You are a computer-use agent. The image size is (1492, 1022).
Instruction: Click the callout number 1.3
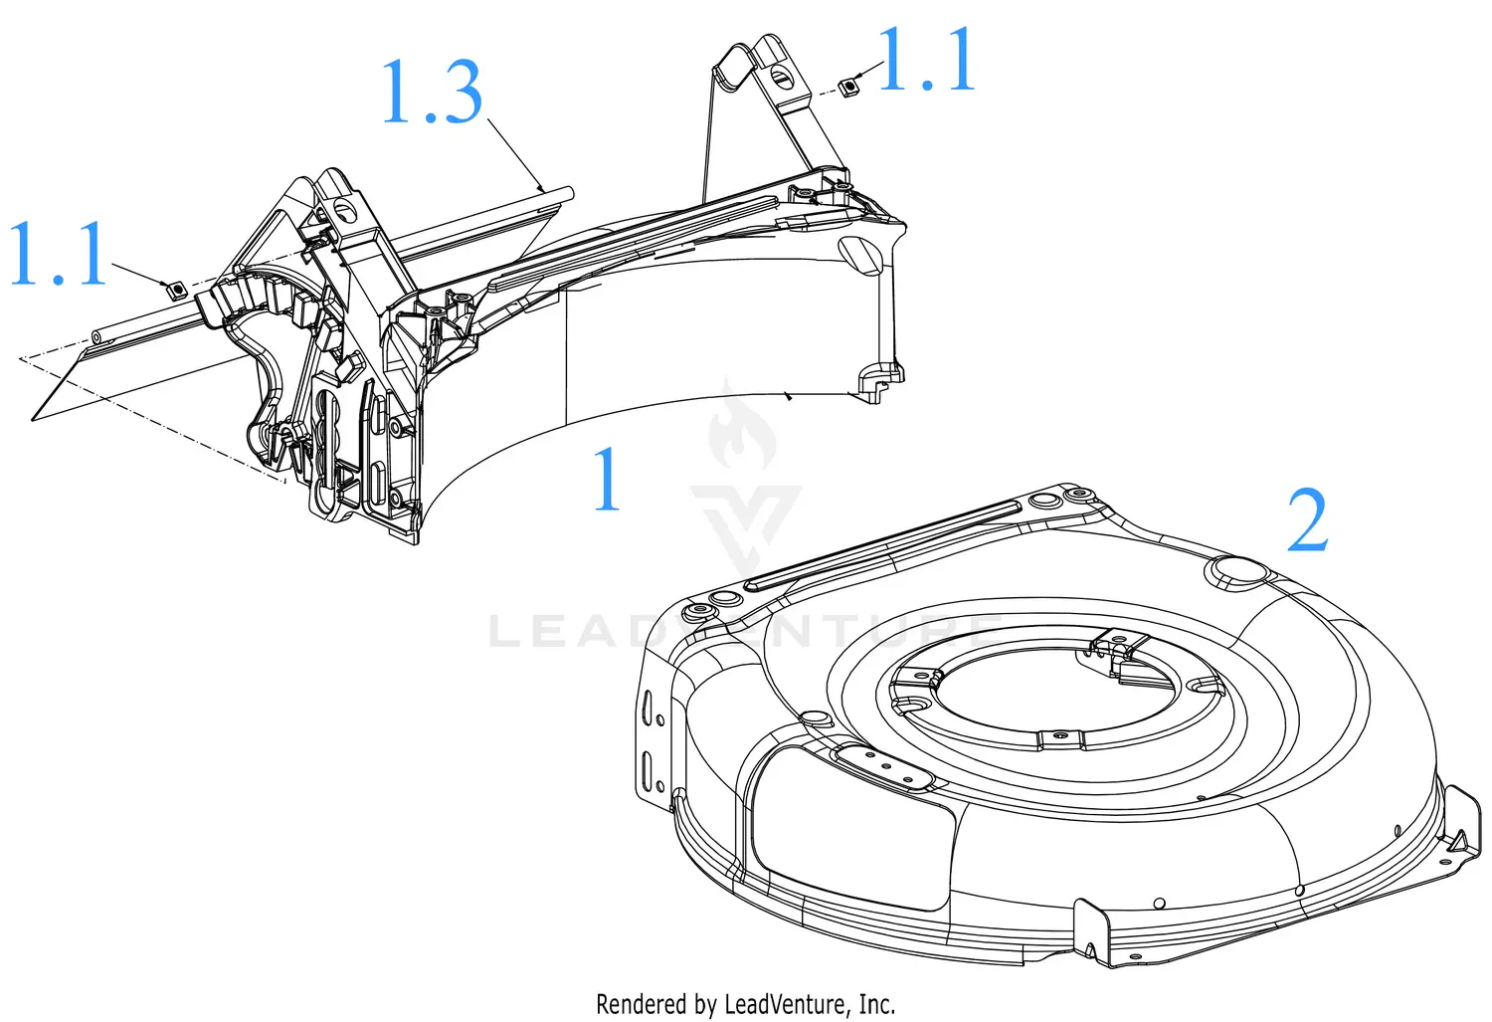click(432, 93)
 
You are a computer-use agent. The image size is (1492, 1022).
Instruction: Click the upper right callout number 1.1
click(925, 62)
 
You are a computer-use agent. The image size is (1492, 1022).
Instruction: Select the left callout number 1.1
click(58, 255)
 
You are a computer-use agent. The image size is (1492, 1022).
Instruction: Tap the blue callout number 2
click(1307, 521)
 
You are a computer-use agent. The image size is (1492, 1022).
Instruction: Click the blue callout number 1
click(607, 481)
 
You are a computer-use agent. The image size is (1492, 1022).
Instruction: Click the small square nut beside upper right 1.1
click(848, 88)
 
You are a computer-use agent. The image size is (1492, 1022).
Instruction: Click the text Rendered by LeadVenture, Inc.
click(745, 1003)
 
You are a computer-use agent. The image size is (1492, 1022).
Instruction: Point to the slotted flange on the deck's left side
click(653, 741)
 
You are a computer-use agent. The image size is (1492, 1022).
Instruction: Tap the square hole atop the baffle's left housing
click(345, 207)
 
